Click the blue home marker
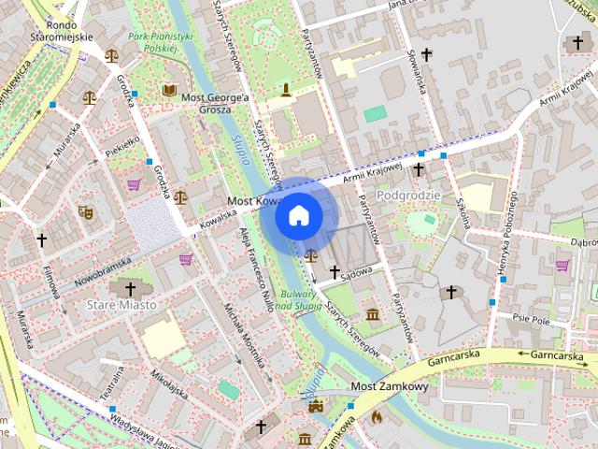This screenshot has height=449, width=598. point(298,216)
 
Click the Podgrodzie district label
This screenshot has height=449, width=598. point(408,194)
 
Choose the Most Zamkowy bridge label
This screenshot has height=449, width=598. point(389,386)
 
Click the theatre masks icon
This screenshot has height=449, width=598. point(85,212)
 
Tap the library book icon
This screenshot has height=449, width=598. point(169,89)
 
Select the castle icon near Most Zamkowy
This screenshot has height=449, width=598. point(316,406)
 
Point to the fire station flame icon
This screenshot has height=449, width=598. point(377,417)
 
